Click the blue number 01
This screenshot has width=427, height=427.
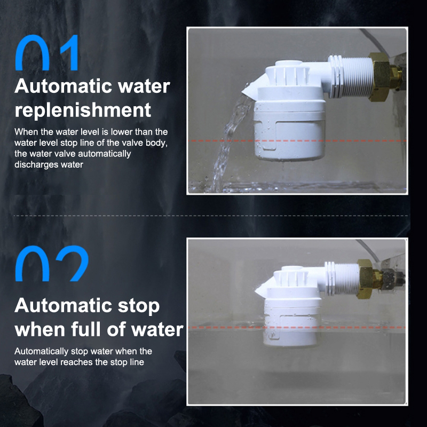(x=47, y=52)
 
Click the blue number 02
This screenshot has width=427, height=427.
(x=52, y=263)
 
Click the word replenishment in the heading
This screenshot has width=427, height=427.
(x=83, y=110)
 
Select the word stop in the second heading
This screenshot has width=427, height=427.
(x=139, y=306)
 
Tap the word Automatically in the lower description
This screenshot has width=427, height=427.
(x=42, y=352)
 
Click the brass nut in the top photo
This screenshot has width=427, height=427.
(x=380, y=77)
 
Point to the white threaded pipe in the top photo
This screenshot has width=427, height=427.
(x=351, y=76)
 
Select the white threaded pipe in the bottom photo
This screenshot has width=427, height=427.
(x=342, y=278)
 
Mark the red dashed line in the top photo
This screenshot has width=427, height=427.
(x=297, y=141)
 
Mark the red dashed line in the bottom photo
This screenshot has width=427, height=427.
(x=297, y=327)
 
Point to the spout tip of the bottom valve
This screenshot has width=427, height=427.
(x=257, y=292)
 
